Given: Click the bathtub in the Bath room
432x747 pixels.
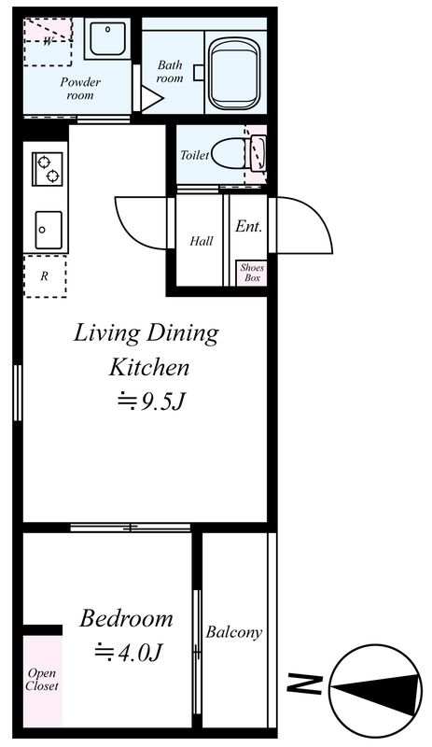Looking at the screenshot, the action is pyautogui.click(x=235, y=74).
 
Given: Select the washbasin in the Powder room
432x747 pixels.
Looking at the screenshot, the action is pyautogui.click(x=107, y=38).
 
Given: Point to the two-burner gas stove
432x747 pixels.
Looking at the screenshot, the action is pyautogui.click(x=48, y=169).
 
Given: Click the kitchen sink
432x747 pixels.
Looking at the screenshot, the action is pyautogui.click(x=49, y=230).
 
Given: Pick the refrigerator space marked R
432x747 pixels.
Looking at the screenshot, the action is pyautogui.click(x=45, y=276).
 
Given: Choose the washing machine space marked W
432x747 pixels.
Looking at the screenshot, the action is pyautogui.click(x=48, y=42).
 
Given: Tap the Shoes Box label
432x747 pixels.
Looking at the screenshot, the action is pyautogui.click(x=252, y=273).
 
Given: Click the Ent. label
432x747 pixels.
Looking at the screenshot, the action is pyautogui.click(x=248, y=227).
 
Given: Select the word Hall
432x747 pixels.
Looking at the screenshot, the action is pyautogui.click(x=202, y=241).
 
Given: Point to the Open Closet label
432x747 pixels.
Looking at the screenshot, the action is pyautogui.click(x=42, y=680).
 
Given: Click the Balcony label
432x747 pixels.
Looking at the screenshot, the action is pyautogui.click(x=234, y=632).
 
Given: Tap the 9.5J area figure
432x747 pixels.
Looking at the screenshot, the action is pyautogui.click(x=151, y=402).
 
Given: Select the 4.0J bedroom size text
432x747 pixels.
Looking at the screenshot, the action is pyautogui.click(x=129, y=652).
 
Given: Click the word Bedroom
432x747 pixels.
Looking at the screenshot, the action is pyautogui.click(x=126, y=618).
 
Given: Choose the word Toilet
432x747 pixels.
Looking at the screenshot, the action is pyautogui.click(x=194, y=155).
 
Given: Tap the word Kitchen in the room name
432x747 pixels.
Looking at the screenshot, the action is pyautogui.click(x=149, y=367).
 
